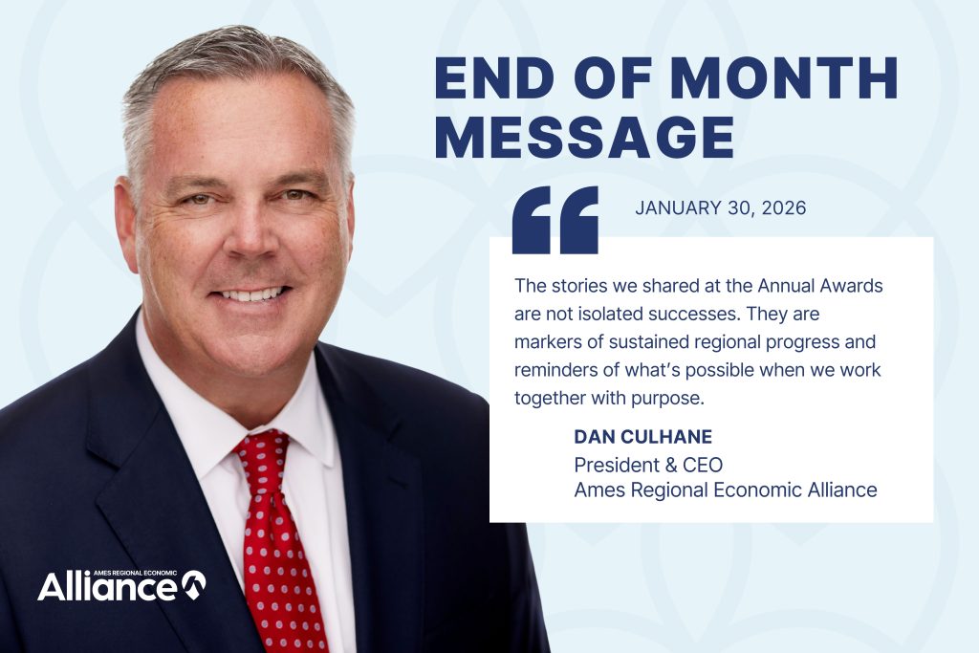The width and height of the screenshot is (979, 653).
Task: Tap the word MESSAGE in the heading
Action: (584, 138)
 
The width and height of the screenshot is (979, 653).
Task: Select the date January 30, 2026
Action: (720, 208)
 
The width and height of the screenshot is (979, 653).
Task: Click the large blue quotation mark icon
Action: (555, 220)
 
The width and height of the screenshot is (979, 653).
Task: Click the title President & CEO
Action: (648, 465)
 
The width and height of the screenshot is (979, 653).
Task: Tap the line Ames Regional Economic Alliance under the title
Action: (725, 490)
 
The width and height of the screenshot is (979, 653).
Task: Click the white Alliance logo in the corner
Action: (120, 585)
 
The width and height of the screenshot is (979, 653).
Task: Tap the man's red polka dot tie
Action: (276, 535)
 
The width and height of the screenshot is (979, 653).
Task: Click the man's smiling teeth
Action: (253, 294)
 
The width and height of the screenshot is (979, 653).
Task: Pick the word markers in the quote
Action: (546, 341)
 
